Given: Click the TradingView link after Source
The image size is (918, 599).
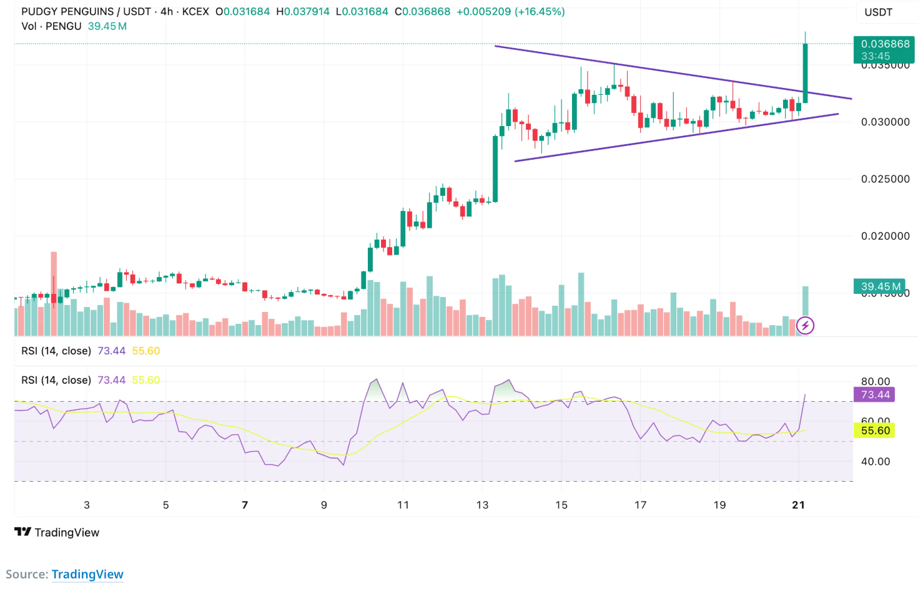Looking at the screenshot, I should tap(87, 574).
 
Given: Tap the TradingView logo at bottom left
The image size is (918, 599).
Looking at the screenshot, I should tap(57, 532).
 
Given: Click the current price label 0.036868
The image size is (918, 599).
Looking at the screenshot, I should tap(884, 44).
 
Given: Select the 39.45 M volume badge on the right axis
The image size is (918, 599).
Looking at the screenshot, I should tap(880, 286).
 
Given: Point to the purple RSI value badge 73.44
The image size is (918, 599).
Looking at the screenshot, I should tap(875, 394).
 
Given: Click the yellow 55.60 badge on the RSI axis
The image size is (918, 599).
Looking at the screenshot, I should tap(875, 431).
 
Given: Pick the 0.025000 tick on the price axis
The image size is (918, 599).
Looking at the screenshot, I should tap(885, 179).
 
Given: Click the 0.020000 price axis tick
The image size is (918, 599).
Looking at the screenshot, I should tap(885, 236).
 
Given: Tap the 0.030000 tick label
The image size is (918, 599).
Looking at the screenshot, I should tap(885, 122).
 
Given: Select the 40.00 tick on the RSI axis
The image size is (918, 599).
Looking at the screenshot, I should tap(875, 462).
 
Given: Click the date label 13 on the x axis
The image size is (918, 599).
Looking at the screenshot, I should tap(482, 505).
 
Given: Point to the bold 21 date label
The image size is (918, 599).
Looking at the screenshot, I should tap(798, 505).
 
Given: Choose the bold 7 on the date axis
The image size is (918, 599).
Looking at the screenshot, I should tap(245, 505).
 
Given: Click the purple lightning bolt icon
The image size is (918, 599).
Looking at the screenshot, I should tap(805, 325).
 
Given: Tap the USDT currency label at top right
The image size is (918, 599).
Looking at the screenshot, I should tap(878, 12).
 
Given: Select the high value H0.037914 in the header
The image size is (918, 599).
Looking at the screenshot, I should tap(303, 12).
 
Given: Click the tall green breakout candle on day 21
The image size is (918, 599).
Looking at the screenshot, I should tap(806, 72).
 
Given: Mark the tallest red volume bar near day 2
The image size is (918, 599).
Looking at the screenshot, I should tap(54, 293).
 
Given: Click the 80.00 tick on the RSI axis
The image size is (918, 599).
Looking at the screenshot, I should tap(875, 381).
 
